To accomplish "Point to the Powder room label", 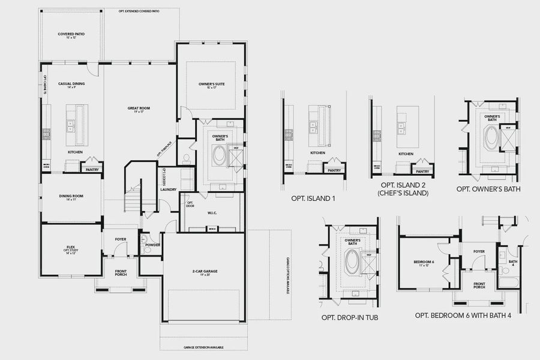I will pos(152,245).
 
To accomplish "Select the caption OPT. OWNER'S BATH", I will pos(488,189).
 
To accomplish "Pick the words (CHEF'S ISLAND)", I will pos(403,194).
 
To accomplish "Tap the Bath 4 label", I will pos(512,262).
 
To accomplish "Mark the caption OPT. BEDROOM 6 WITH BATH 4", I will pos(463,316).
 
